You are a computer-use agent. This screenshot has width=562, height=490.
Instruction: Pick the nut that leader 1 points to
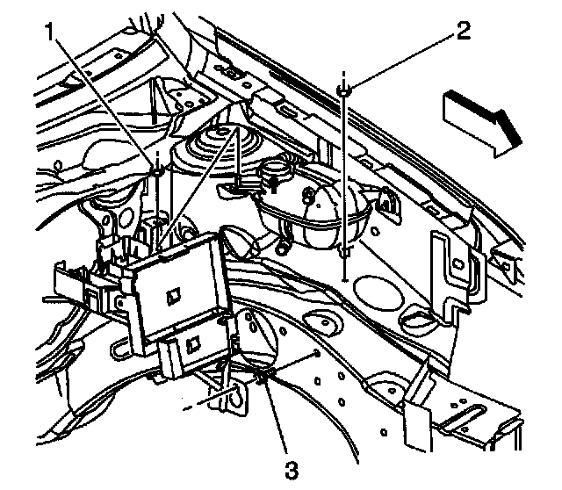point(156,169)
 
